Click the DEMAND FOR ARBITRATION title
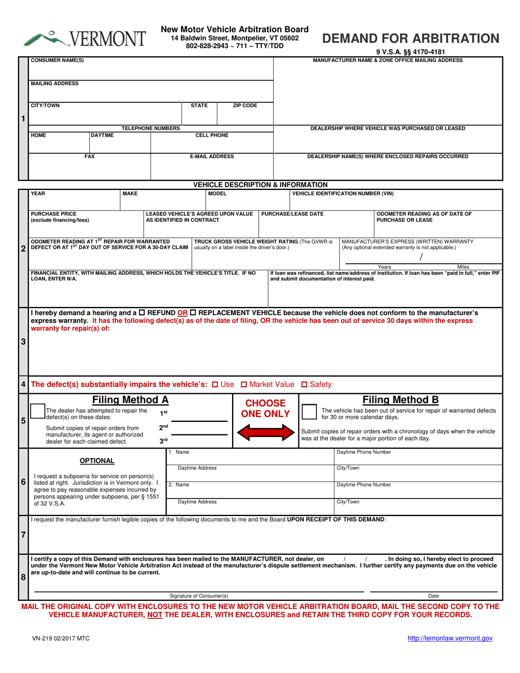[411, 38]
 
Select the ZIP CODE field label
[245, 106]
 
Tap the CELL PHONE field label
[212, 135]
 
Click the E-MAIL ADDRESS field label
[211, 156]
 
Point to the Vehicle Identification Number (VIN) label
[343, 194]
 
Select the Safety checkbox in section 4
[305, 385]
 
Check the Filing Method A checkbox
[37, 411]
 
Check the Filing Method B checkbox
[309, 411]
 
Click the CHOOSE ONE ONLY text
[265, 409]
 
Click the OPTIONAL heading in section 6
[97, 461]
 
